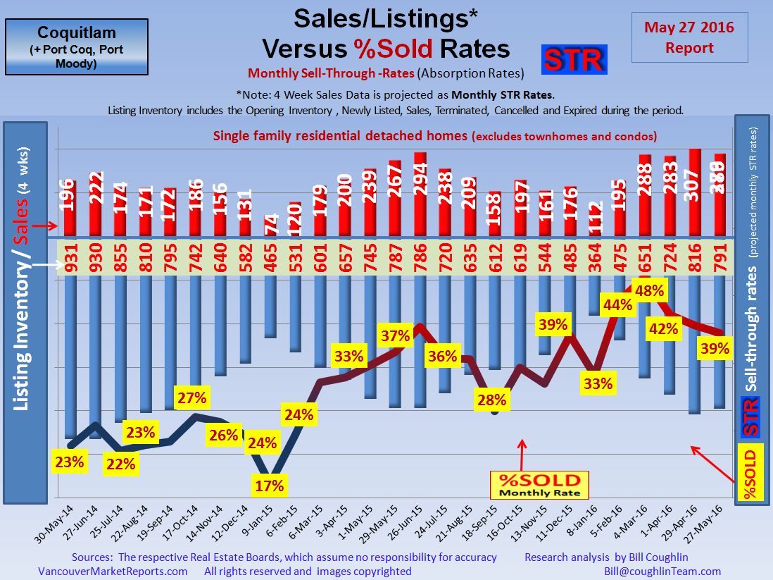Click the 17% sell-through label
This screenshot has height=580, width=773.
[270, 486]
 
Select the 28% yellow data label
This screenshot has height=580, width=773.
[491, 400]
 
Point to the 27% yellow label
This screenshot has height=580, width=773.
[191, 397]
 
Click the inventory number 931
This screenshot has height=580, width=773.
[70, 257]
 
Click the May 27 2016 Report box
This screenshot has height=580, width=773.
[679, 37]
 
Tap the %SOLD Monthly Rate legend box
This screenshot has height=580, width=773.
[540, 485]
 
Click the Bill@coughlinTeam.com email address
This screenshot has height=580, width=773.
[662, 572]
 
